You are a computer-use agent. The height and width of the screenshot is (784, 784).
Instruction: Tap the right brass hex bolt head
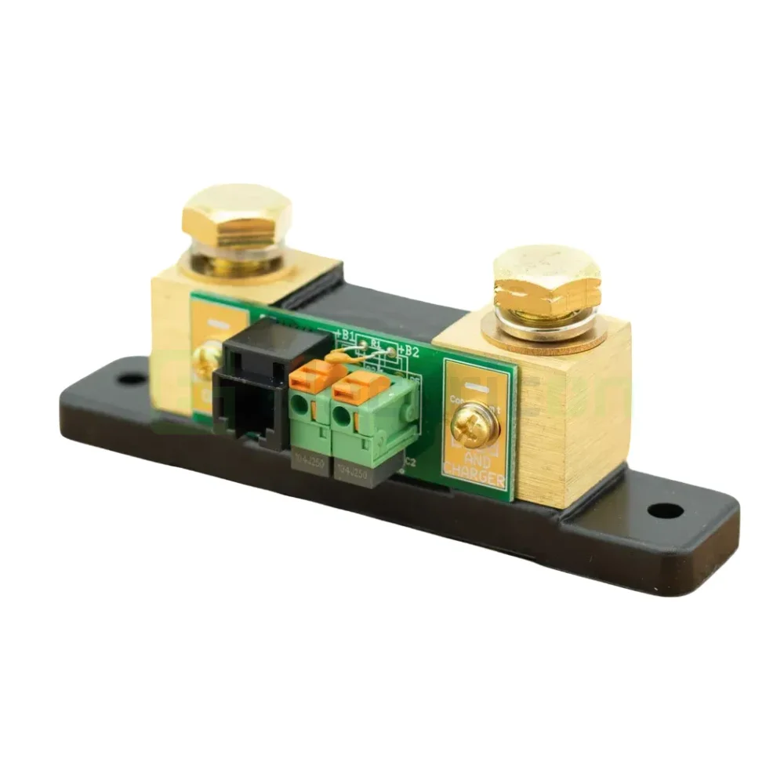[x=546, y=278]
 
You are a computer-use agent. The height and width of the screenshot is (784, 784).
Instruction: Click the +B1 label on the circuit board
[x=346, y=336]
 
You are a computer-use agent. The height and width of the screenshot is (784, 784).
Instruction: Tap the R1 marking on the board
[x=376, y=343]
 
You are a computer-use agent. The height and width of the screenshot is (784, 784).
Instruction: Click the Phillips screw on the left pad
[x=206, y=361]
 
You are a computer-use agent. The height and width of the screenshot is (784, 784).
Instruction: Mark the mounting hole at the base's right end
[x=666, y=510]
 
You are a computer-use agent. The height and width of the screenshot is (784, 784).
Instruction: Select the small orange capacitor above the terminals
[x=338, y=357]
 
